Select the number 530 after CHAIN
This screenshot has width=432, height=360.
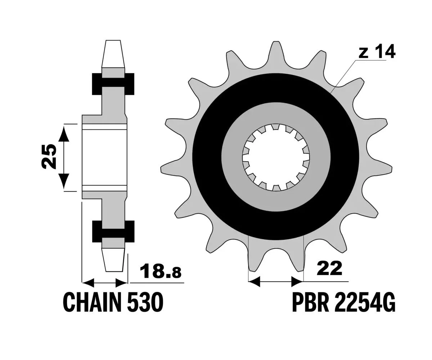[145, 302]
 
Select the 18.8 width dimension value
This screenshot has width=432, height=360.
[161, 272]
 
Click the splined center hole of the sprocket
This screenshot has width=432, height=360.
[275, 157]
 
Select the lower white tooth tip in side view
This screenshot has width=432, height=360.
[113, 260]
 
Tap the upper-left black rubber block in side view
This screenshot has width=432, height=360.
[97, 84]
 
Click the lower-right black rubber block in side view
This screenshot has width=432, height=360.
[130, 231]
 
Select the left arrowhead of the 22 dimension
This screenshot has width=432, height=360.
[254, 282]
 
